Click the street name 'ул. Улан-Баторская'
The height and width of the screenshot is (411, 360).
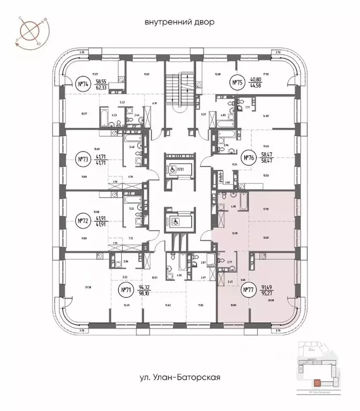(179, 377)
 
